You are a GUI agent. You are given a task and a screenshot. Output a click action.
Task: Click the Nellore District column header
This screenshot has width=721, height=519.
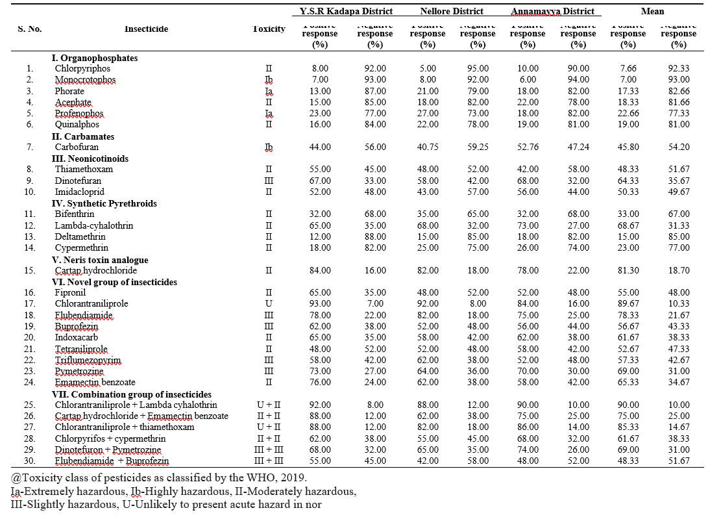point(452,11)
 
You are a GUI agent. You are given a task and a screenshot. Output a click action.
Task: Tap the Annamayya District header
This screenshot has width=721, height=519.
point(552,11)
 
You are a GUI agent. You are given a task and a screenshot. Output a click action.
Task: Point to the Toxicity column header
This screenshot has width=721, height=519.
point(268,29)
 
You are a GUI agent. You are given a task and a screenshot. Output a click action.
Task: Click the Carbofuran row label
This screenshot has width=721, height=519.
point(77,147)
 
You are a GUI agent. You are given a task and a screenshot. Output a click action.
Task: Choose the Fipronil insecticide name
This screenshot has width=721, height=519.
point(71,293)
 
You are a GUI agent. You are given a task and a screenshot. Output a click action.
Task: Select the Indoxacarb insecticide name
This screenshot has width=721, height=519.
point(76,338)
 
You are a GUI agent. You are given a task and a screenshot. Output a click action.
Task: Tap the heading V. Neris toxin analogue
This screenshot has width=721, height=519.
point(100,259)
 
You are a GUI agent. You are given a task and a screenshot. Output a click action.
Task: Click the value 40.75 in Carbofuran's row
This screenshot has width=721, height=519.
point(427,147)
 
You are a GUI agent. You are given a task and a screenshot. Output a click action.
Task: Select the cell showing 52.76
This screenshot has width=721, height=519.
point(528,147)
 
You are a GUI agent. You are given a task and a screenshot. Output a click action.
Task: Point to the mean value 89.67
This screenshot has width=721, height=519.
point(628,304)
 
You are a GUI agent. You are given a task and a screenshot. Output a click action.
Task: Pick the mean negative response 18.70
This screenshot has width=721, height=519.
point(678,270)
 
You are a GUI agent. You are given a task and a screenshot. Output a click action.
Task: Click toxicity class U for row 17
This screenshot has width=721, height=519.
point(268,304)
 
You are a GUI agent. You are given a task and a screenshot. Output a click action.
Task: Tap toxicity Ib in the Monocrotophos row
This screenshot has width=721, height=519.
point(268,80)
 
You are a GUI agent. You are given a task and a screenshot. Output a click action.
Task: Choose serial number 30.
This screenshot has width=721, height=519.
point(29,461)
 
